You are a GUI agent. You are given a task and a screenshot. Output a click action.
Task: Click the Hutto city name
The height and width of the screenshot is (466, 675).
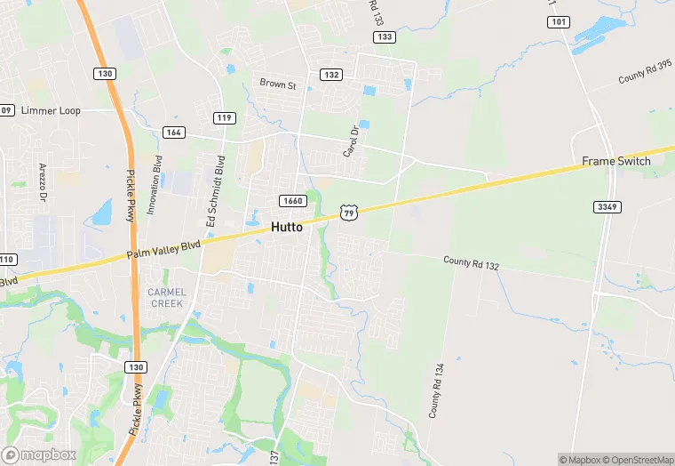click(286, 227)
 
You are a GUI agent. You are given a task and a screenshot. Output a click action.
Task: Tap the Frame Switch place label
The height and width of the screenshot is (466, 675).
click(616, 161)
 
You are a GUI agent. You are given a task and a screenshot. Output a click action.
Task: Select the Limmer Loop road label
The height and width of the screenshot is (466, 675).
click(50, 110)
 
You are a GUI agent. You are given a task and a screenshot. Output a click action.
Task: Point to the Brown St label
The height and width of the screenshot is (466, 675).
click(278, 84)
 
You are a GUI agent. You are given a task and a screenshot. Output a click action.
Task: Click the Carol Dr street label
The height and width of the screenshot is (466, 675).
click(351, 141)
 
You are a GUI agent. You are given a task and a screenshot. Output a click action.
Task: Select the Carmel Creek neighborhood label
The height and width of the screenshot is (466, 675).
click(166, 298)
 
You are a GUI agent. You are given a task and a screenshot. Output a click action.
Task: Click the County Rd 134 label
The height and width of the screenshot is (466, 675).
click(435, 391)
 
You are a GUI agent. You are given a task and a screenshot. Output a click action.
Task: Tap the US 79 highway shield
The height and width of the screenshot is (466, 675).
click(348, 212)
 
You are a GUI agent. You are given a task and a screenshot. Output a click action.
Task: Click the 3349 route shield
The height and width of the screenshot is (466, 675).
click(607, 207)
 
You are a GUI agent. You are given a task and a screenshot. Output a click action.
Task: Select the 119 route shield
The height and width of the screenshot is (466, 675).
click(224, 117)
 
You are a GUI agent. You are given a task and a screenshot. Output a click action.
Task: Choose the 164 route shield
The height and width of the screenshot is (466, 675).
click(174, 133)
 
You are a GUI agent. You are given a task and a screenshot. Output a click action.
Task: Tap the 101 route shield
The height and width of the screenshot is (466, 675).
click(559, 21)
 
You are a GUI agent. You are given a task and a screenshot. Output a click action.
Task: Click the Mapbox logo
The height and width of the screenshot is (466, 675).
click(39, 454)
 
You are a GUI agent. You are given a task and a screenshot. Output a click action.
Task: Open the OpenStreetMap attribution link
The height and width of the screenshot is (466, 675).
click(639, 460)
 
